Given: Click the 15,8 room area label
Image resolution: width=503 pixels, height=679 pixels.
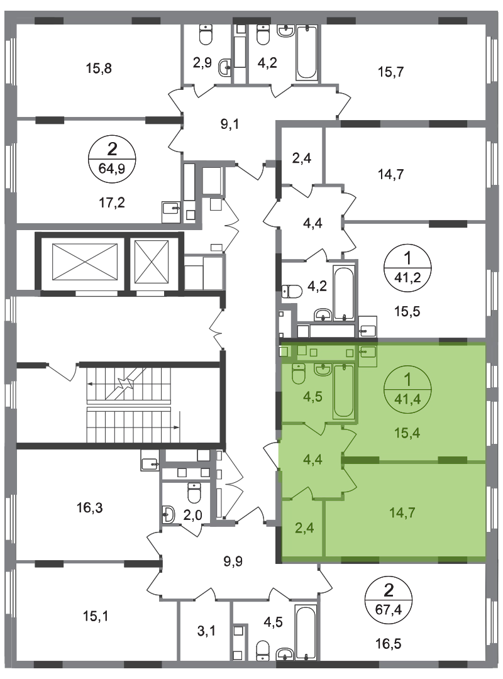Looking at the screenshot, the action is (99, 68).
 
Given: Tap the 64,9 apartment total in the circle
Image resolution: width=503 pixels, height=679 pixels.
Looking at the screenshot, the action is (112, 168).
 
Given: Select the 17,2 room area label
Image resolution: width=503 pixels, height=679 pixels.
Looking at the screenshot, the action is (111, 202).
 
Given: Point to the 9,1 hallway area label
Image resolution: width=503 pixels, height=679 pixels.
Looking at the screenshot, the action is (229, 124).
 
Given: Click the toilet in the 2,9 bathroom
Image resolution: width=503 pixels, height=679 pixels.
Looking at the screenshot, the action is (205, 34).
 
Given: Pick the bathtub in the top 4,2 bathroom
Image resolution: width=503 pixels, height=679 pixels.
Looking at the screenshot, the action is (307, 52).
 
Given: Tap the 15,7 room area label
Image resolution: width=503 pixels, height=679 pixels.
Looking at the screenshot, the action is (390, 72).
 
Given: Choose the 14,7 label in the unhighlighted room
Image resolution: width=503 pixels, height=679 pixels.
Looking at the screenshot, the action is (390, 174).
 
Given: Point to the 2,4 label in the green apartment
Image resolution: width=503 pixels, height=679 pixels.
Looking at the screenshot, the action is (304, 528).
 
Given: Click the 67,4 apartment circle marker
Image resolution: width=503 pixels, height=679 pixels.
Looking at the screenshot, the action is (389, 600).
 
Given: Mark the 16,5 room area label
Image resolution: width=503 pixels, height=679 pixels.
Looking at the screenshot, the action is (388, 644).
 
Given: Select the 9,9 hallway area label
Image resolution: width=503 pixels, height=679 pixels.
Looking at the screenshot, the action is (233, 561).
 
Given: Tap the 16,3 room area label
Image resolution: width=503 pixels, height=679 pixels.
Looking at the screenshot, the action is (90, 507).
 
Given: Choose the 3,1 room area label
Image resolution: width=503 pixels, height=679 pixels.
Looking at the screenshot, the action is (206, 631).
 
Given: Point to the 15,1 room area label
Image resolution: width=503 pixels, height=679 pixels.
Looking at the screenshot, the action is (96, 616).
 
